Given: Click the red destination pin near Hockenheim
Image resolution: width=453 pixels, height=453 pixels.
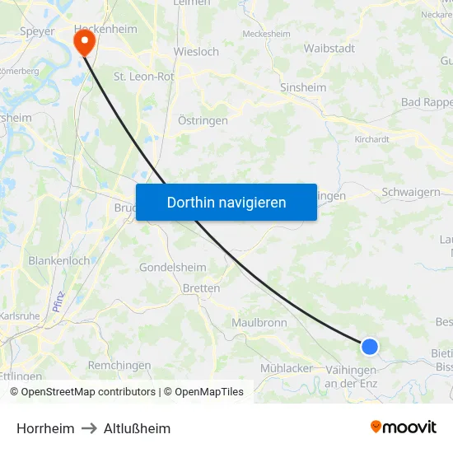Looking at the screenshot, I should coord(84,41).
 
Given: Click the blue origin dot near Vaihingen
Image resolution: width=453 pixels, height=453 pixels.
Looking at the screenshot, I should coord(370,347).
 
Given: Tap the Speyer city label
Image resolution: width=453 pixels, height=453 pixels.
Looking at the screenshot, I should coord(37,32).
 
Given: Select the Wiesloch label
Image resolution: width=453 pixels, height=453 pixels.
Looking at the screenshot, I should coord(196,51).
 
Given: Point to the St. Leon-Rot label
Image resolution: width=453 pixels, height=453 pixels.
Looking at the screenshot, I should coord(143,77).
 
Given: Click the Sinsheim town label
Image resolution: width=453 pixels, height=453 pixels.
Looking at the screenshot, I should coord(303,87).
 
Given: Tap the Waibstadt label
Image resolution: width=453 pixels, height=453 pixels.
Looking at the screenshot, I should coord(329,49).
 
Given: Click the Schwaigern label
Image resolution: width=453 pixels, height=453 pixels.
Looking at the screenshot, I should coord(410,192).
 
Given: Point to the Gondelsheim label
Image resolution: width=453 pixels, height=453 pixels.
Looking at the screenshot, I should coord(173,268).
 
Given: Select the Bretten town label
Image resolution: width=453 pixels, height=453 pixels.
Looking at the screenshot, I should coord(201,288).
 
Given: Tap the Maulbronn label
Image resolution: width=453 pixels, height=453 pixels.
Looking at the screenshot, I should coord(259,322).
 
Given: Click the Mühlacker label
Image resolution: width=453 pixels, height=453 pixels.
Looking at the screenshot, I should coord(287,368).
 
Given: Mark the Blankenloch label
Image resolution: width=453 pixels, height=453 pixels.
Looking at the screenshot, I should coord(59,260).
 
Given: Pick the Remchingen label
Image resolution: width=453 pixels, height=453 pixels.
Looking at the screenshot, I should coord(119,364).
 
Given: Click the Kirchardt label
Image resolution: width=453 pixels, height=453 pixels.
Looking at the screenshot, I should coord(371,139).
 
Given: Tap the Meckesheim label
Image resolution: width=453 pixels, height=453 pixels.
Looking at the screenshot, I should coord(266,34).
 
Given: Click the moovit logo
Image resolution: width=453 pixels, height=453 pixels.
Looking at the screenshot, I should coord(403,427).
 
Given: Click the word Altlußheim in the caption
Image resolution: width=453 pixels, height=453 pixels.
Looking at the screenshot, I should coord(137,428).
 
